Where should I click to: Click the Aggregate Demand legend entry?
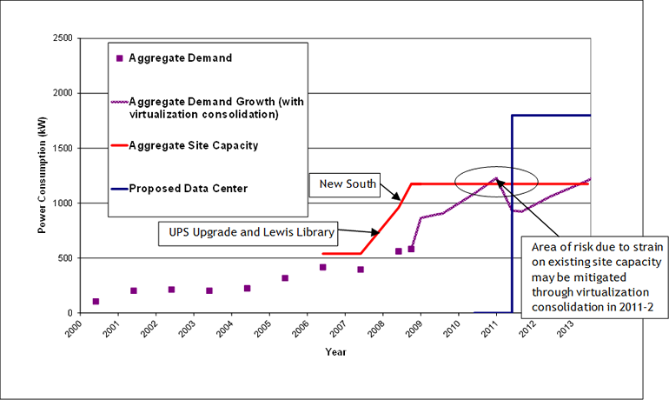pos(180,58)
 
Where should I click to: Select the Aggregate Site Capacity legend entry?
pos(193,145)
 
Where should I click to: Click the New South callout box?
pos(348,184)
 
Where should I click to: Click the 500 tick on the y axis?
pos(63,258)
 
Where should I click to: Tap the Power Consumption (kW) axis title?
pos(41,175)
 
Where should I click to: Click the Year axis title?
pos(336,352)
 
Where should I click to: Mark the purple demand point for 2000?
pos(96,302)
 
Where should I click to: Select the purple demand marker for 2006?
pos(322,267)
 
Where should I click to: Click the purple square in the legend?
pos(119,58)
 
